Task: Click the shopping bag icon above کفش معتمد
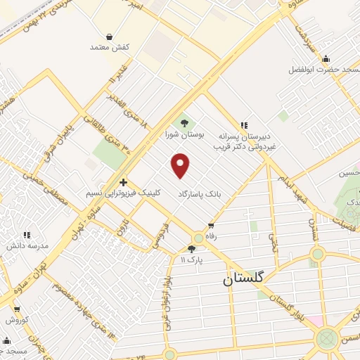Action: (109, 37)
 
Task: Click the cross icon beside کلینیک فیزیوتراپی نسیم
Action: (123, 181)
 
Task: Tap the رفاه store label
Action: (210, 236)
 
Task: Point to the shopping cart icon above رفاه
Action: (211, 226)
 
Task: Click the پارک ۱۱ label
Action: (192, 259)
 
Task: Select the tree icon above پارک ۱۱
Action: (192, 249)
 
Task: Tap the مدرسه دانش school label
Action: (27, 245)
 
